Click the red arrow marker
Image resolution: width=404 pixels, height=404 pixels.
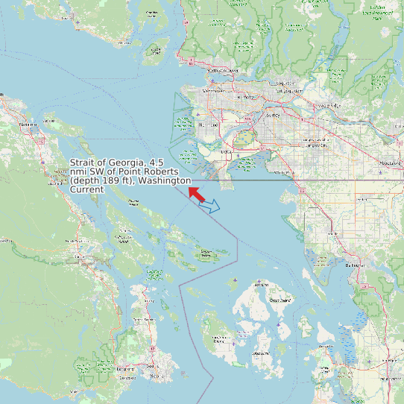pyautogui.click(x=196, y=194)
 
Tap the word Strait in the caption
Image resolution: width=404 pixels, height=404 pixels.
pyautogui.click(x=83, y=162)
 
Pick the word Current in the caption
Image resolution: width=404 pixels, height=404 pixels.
pyautogui.click(x=86, y=189)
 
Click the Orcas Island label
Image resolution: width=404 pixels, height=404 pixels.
pyautogui.click(x=278, y=300)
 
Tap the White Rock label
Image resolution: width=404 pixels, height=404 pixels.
pyautogui.click(x=283, y=173)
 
